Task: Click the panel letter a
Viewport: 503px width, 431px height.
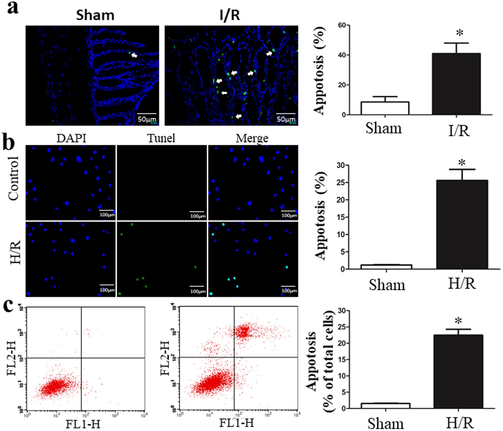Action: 12,7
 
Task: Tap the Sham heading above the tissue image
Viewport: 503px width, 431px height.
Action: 95,15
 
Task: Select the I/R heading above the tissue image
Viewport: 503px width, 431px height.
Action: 230,15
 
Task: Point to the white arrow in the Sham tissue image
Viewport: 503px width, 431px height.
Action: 134,55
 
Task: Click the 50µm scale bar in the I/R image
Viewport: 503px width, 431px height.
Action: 286,114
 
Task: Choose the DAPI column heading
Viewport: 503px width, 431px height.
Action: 71,138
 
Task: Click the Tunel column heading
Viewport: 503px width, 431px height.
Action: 161,138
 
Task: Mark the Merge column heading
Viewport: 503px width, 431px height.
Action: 252,138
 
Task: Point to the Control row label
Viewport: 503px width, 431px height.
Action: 14,178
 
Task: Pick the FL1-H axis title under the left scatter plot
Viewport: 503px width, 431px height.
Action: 83,423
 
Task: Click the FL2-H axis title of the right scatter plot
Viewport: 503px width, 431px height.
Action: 165,358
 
